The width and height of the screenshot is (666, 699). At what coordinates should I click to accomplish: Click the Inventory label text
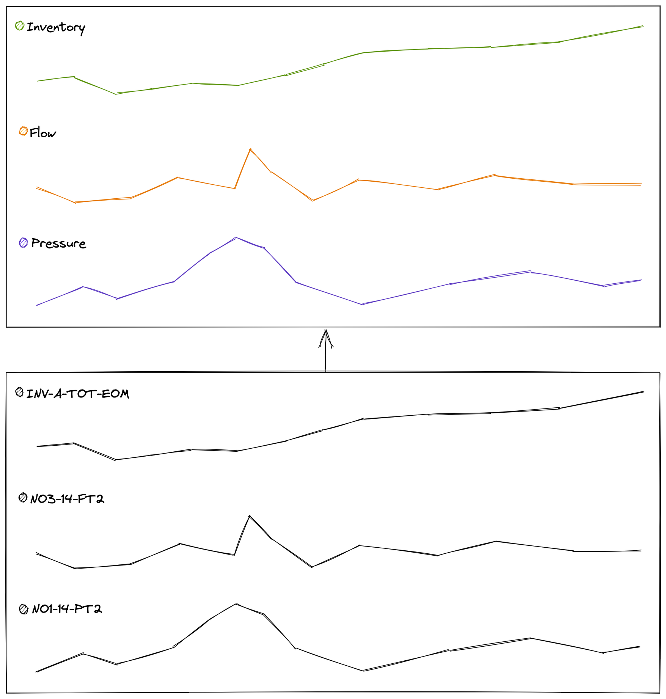coord(56,28)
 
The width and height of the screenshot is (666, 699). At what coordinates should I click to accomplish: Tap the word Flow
coord(43,133)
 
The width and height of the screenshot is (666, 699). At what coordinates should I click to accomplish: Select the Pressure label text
coord(59,243)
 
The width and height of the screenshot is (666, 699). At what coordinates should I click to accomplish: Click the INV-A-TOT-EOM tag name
coord(78,394)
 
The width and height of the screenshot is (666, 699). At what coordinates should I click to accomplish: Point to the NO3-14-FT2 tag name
coord(67,499)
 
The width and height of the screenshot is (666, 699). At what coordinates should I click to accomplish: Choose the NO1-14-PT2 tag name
coord(67,609)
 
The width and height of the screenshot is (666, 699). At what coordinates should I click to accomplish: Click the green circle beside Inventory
coord(20,26)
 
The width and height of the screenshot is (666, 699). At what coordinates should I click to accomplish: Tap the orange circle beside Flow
coord(24,131)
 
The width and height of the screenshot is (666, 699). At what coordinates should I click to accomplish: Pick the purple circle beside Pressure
coord(24,243)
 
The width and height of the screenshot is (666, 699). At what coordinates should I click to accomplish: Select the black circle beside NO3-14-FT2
coord(23,498)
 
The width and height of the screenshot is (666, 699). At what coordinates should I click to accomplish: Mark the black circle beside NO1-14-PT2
coord(24,609)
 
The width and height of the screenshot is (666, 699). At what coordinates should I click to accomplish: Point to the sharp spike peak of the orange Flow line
coord(250,149)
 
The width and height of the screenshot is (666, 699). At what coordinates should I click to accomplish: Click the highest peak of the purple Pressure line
coord(236,238)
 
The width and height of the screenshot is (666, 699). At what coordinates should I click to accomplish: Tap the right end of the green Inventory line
coord(643,26)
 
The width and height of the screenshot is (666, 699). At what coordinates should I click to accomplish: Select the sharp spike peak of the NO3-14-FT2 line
coord(249,515)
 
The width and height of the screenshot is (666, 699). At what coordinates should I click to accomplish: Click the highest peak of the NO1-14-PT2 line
coord(236,604)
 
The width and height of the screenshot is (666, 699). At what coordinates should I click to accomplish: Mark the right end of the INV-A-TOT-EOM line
coord(643,391)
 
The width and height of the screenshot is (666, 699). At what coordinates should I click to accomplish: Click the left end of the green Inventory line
coord(37,81)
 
